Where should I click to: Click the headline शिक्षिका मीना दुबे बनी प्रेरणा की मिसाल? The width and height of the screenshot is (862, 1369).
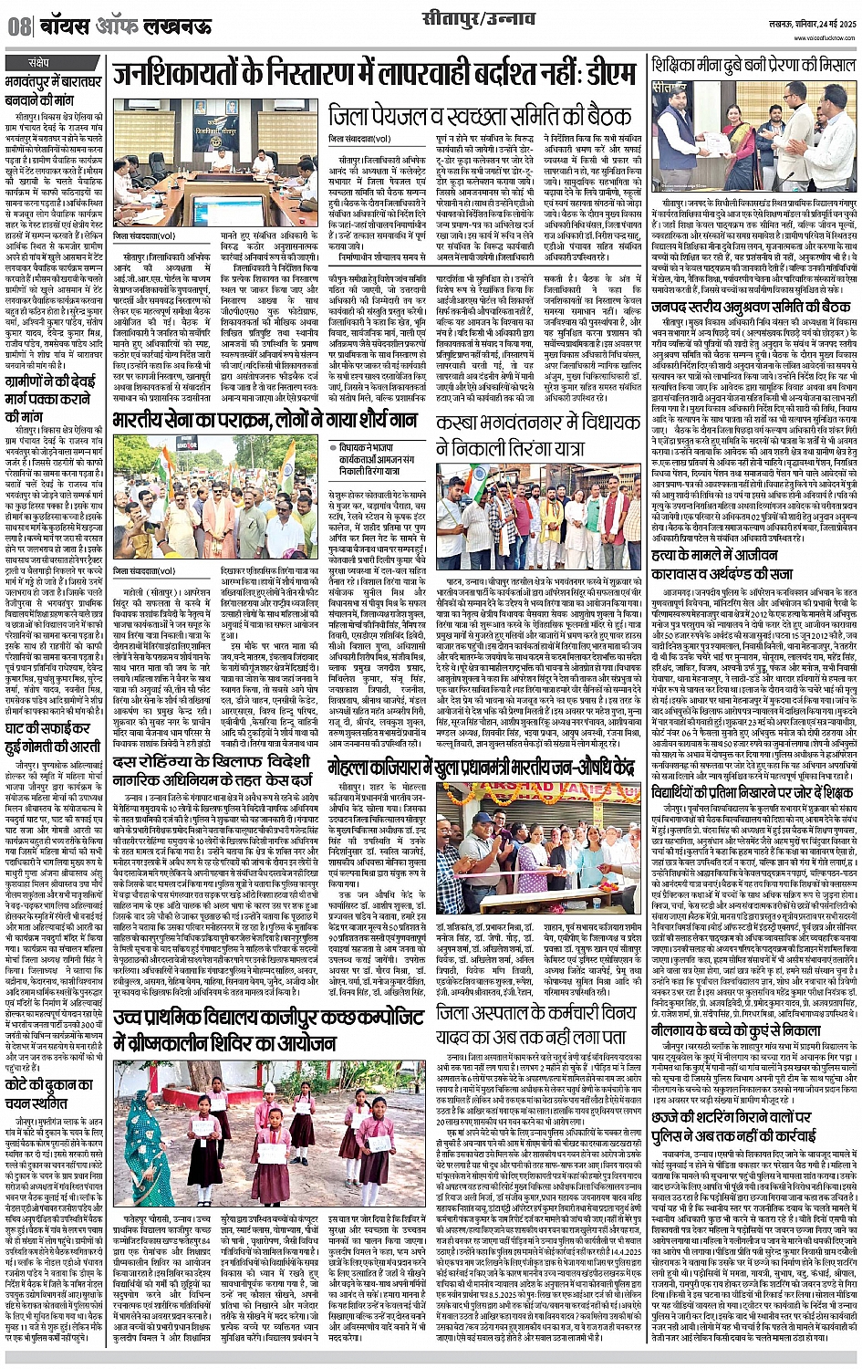coord(753,67)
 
